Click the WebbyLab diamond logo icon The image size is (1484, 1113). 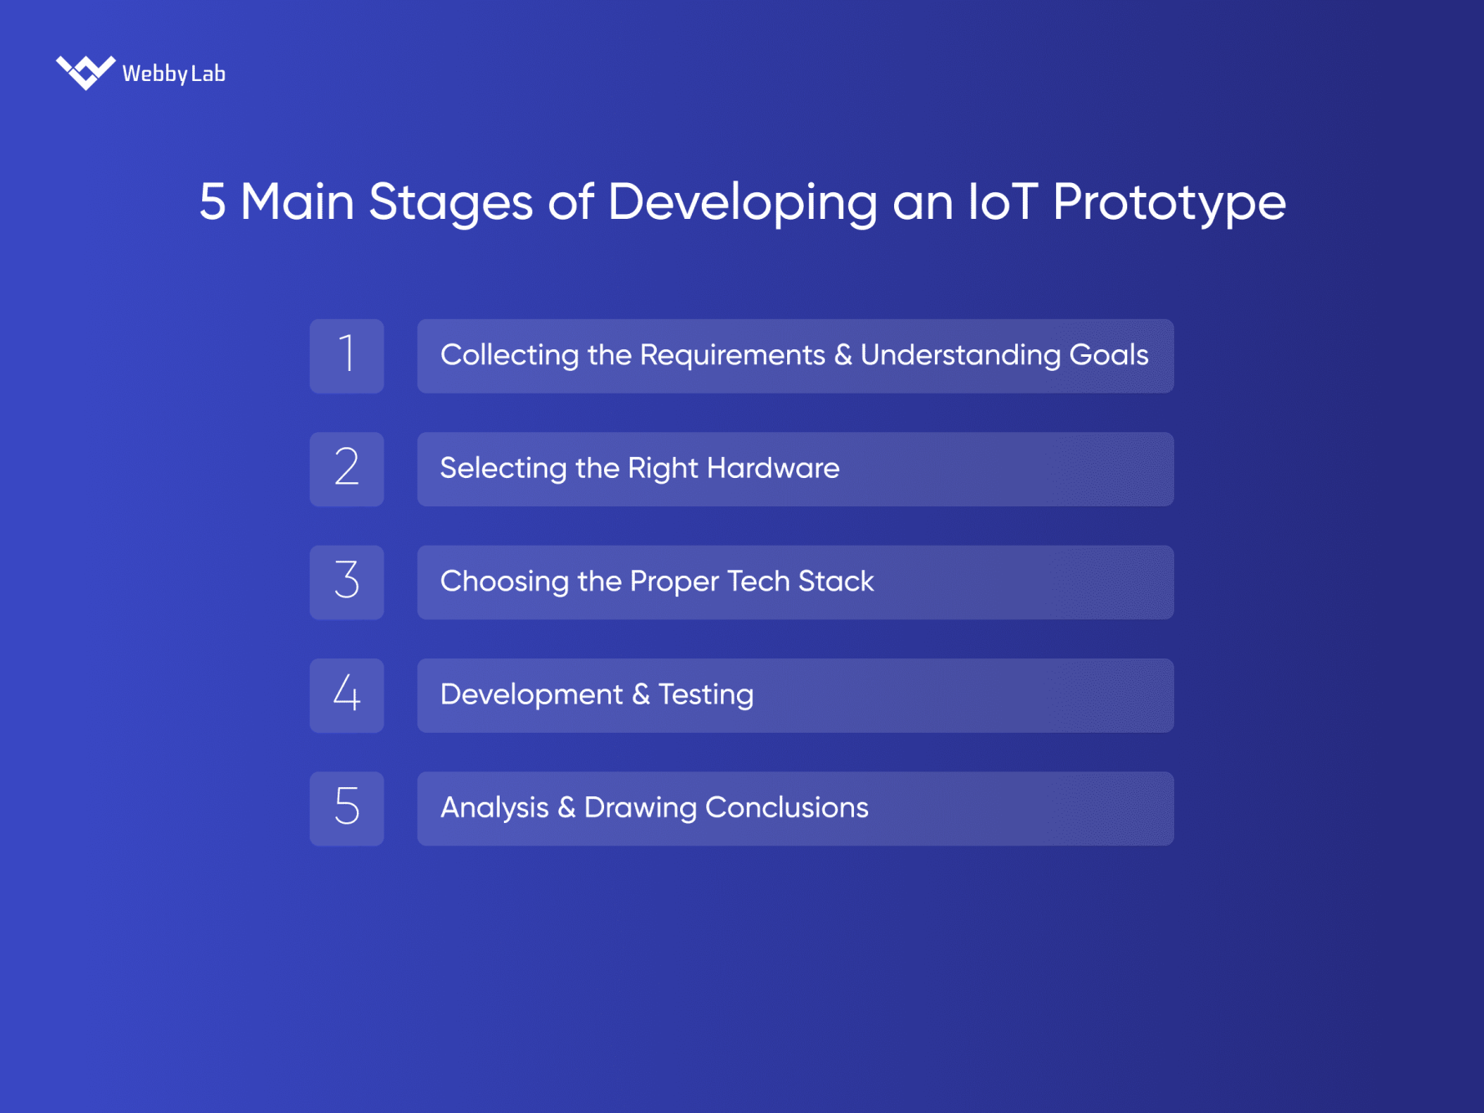(85, 72)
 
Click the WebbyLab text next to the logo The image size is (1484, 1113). (174, 74)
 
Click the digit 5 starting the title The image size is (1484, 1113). (212, 202)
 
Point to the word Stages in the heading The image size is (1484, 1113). (450, 203)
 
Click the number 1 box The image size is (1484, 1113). (347, 356)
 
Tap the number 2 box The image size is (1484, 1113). (347, 469)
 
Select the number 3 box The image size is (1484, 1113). (347, 582)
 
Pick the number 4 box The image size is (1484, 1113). (347, 695)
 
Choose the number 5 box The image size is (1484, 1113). (347, 808)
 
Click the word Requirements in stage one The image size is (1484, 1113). (732, 355)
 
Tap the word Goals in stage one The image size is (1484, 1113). (1108, 355)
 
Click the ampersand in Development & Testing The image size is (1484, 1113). (640, 694)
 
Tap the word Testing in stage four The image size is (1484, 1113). (705, 695)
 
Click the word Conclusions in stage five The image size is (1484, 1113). (786, 807)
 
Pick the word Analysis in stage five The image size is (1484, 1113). (494, 808)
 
